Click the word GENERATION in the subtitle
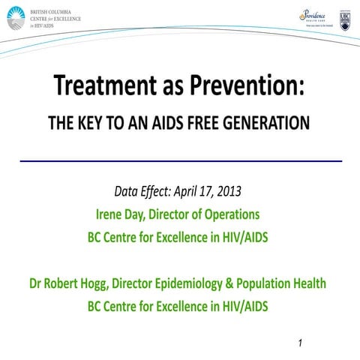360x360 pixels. point(268,124)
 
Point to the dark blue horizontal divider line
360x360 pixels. point(180,160)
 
